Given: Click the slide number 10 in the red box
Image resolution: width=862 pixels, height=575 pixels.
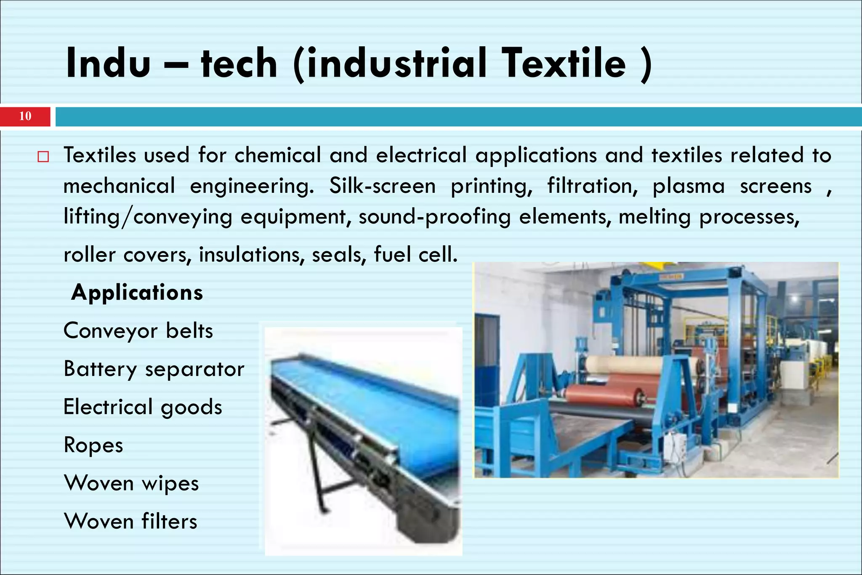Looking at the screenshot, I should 25,116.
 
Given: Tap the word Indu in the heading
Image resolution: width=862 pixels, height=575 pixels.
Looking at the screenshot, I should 108,63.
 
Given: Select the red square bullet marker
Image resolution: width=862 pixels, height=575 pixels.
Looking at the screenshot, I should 43,157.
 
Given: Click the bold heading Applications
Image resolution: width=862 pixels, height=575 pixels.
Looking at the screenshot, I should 137,292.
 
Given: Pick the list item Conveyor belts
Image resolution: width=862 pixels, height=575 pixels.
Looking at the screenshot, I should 138,330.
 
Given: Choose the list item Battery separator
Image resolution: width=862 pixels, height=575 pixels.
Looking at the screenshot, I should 154,369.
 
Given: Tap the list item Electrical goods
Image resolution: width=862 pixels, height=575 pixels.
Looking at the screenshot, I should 143,407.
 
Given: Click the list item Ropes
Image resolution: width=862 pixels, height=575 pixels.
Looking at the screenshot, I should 93,445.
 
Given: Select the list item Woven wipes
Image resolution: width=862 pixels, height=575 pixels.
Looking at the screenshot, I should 131,483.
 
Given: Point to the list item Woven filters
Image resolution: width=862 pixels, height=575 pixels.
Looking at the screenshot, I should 130,521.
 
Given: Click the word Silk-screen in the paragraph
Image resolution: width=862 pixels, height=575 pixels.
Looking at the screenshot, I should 382,186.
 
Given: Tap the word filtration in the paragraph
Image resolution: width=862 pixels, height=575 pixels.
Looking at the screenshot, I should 592,186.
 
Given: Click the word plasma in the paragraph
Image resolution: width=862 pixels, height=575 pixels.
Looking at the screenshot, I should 689,186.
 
